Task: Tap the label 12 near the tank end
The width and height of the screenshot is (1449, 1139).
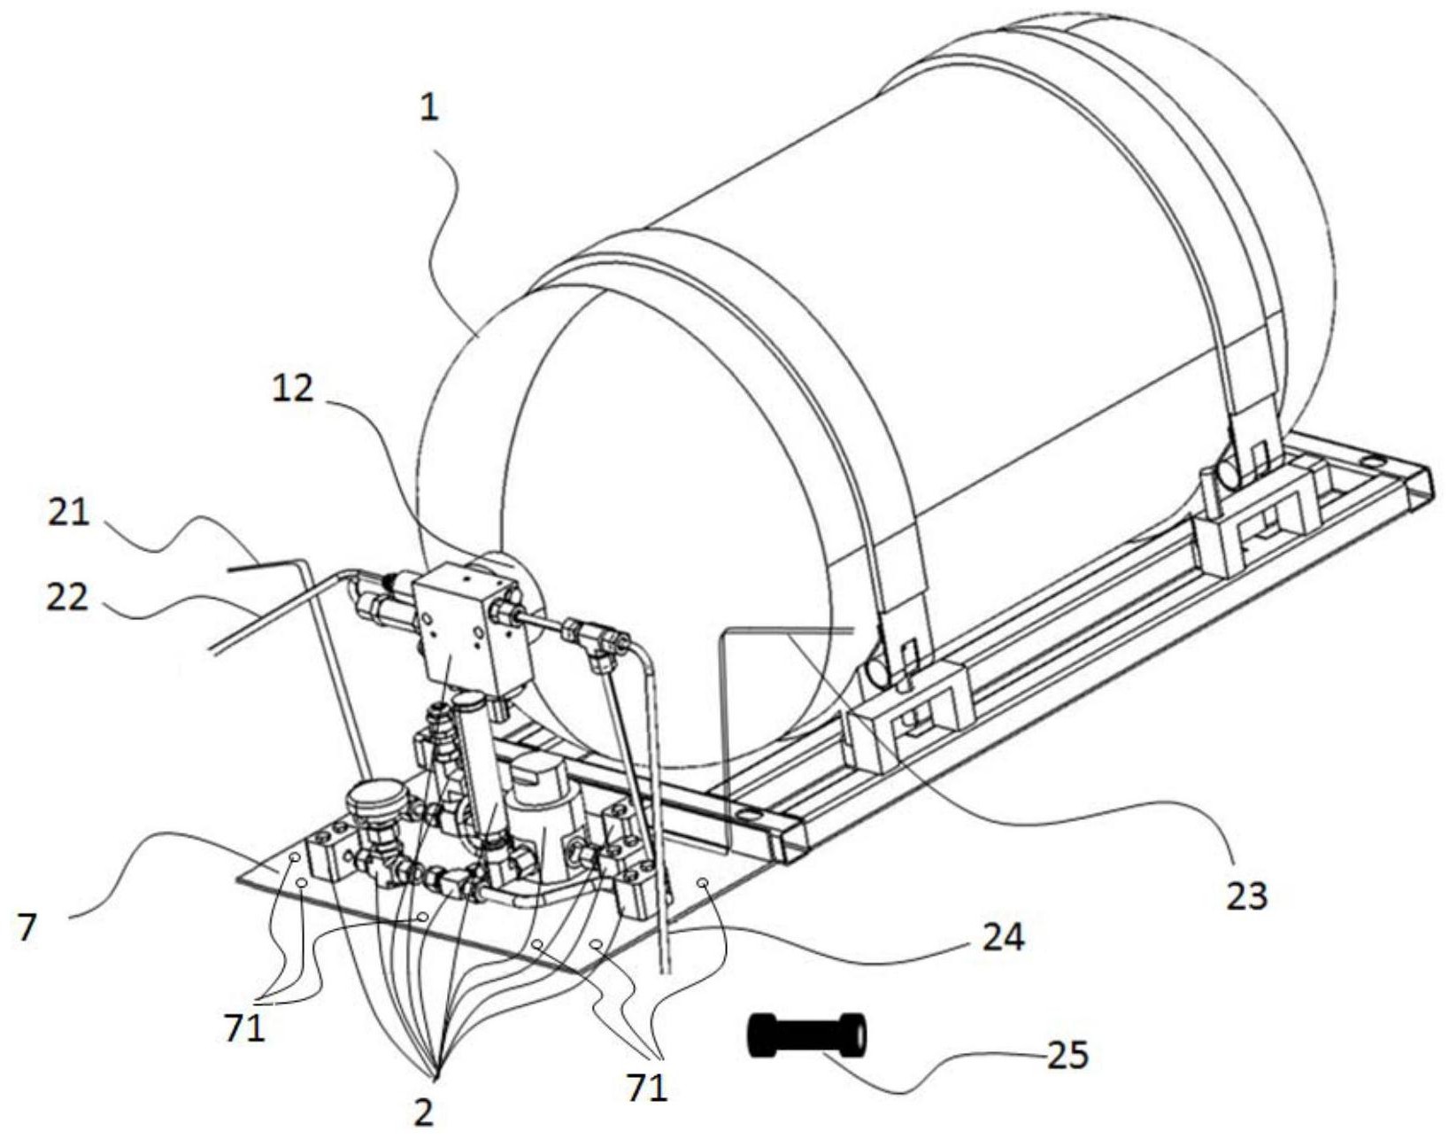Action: (x=293, y=388)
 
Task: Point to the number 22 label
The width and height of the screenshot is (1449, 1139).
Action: (x=66, y=598)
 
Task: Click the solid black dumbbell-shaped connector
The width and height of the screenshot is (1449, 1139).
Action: (x=806, y=1034)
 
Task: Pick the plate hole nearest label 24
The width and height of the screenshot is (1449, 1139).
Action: (x=702, y=883)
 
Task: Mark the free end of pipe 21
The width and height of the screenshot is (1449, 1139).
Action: (x=229, y=569)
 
